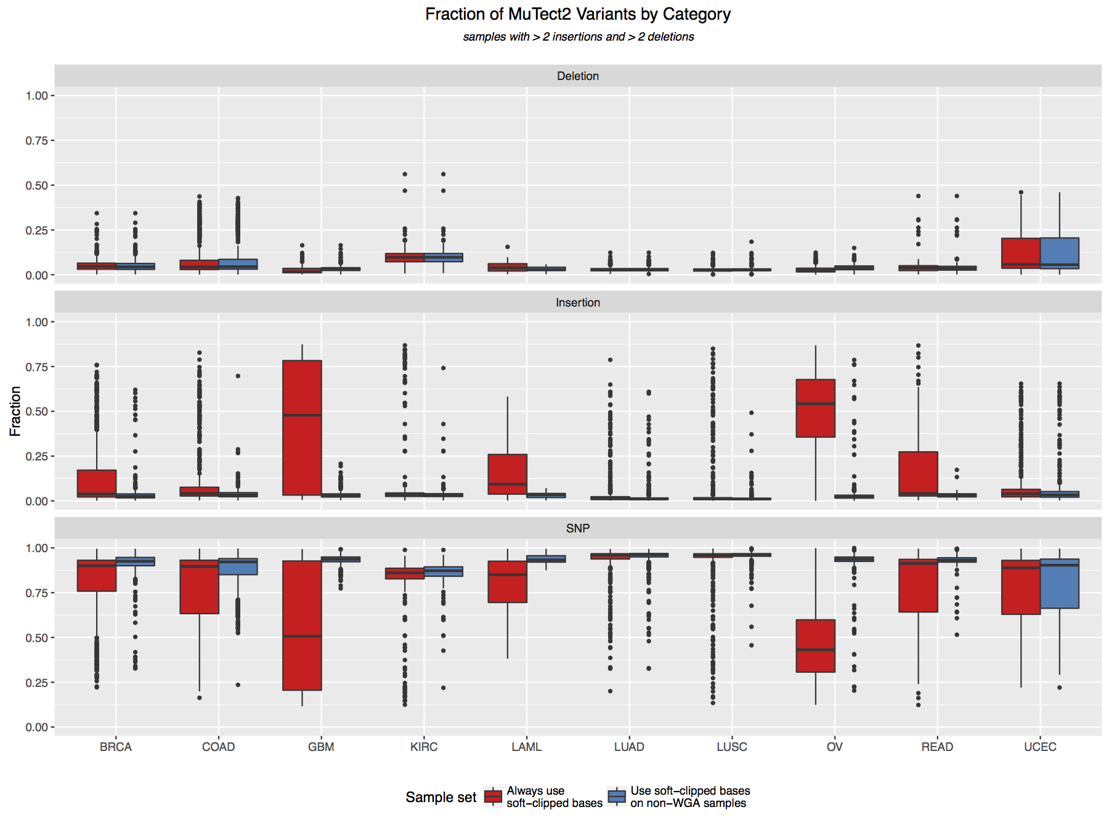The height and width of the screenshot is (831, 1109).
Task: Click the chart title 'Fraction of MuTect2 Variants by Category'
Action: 577,14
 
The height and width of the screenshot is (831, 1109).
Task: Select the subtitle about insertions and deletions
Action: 578,37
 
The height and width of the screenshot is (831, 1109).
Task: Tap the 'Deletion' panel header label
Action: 577,76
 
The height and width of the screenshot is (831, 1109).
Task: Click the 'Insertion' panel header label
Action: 577,302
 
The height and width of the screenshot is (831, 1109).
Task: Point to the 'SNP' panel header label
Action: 577,528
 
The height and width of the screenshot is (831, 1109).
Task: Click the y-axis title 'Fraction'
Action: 15,411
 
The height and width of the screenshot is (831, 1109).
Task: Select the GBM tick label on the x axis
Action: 321,747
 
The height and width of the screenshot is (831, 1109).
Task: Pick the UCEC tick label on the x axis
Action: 1040,747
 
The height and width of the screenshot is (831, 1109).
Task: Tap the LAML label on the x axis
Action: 526,747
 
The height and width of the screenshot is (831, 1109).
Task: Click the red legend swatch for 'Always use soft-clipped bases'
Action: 494,797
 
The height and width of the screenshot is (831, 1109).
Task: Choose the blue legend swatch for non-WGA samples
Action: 617,797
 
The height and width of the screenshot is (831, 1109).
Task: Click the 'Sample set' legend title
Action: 441,797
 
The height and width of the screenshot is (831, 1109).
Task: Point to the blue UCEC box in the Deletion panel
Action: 1059,252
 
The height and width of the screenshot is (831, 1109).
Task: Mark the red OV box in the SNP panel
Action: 815,646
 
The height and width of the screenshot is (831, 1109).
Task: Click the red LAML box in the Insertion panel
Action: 507,474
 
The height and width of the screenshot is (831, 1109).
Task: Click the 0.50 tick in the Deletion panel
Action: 36,185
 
